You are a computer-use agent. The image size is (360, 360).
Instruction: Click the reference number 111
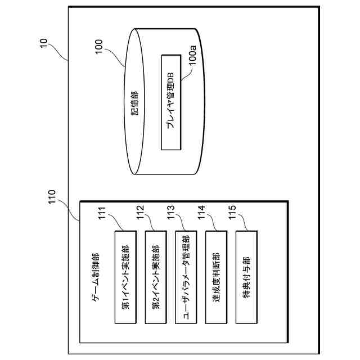click(x=102, y=215)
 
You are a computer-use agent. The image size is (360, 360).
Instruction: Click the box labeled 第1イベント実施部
click(x=125, y=277)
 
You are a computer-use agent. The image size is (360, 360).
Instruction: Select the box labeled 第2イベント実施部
click(x=156, y=277)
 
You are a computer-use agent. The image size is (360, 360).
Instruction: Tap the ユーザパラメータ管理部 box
click(x=186, y=277)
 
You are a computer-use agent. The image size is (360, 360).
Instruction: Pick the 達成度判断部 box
click(x=217, y=277)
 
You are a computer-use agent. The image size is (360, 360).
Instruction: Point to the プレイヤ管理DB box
click(x=172, y=102)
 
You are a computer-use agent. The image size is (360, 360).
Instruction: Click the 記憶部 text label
click(x=134, y=102)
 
